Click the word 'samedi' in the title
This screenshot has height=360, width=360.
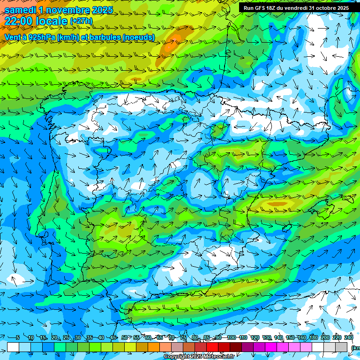click(x=21, y=10)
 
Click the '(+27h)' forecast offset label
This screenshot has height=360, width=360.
click(x=81, y=21)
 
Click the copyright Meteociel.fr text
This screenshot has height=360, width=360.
click(x=199, y=357)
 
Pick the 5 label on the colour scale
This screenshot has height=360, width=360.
click(x=17, y=338)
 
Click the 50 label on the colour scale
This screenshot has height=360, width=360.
click(x=125, y=338)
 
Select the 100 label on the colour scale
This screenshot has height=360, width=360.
click(x=231, y=338)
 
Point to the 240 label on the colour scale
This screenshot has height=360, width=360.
click(x=349, y=338)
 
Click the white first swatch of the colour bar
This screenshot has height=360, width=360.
click(x=13, y=347)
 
